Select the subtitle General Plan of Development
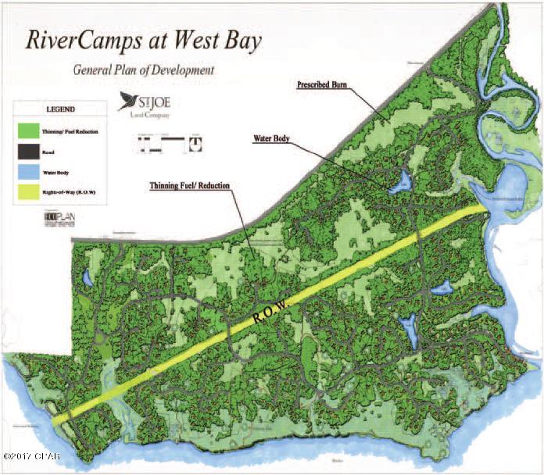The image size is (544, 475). (144, 70)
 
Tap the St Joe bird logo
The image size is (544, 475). (128, 101)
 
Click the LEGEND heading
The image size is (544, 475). (48, 110)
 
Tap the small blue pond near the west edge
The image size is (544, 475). (89, 277)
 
